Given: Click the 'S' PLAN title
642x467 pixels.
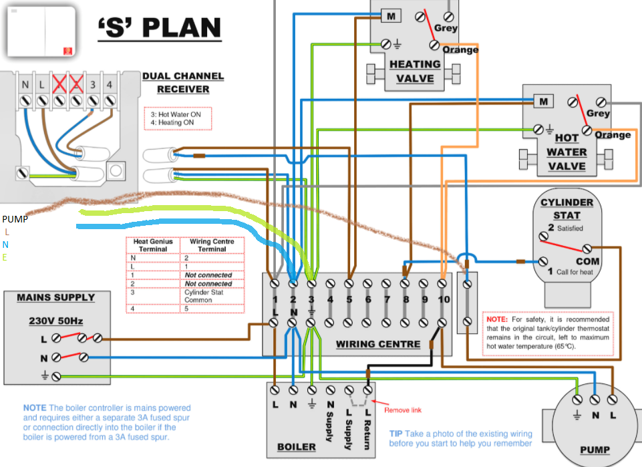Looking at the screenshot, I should [158, 28].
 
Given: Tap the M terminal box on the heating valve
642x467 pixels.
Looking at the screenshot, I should [390, 15].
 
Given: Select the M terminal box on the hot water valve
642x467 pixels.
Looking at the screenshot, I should [543, 102].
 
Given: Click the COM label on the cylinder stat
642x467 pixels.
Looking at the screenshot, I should [588, 261].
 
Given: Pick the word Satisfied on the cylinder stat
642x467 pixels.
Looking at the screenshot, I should [571, 228].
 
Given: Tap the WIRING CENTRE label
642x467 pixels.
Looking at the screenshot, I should [378, 345].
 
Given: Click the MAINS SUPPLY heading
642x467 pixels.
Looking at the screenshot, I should [55, 297].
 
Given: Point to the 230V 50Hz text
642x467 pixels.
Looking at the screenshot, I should [55, 321].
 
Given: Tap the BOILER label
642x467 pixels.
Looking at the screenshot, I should [296, 446].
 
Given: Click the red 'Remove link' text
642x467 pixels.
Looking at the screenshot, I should [403, 410].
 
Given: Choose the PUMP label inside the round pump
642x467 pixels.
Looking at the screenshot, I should [594, 450].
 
